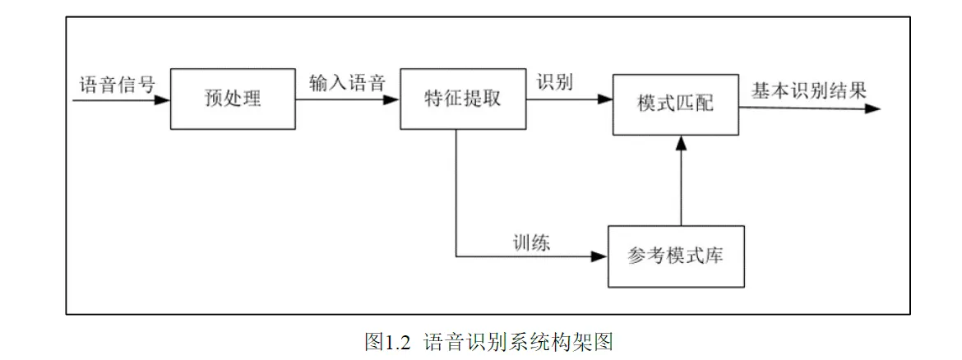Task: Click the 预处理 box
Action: [233, 100]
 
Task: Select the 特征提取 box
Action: [462, 99]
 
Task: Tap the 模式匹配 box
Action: [676, 104]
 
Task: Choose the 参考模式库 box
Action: [676, 256]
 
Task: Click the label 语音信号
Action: [116, 85]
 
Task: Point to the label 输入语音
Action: [347, 83]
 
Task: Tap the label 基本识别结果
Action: [808, 90]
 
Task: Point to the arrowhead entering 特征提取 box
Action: [393, 100]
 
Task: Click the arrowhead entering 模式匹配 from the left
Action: [606, 100]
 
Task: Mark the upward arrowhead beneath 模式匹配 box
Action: [680, 142]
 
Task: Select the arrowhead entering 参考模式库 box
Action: [600, 256]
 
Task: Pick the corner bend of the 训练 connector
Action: [456, 256]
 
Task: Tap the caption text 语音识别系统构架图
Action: [518, 342]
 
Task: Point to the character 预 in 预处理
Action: [213, 100]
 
